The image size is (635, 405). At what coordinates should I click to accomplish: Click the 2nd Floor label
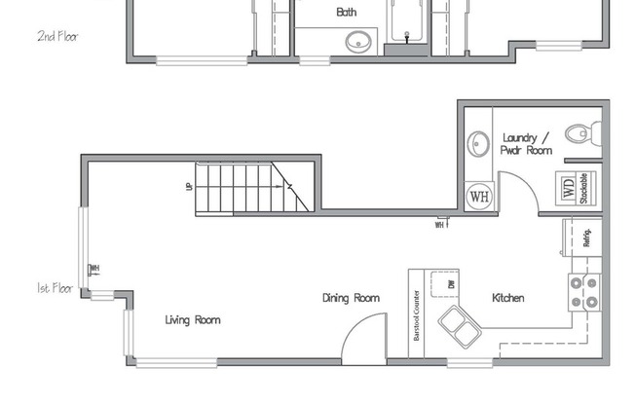[57, 37]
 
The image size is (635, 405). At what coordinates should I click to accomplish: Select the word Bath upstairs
[346, 13]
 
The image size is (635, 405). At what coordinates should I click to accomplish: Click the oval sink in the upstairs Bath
[359, 42]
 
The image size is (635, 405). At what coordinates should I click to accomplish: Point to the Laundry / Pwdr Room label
[527, 144]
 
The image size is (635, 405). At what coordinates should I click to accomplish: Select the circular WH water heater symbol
[479, 195]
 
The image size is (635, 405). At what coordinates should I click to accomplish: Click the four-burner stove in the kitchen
[584, 291]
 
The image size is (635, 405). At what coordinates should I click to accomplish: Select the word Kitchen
[508, 298]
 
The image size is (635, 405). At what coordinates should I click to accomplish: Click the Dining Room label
[351, 298]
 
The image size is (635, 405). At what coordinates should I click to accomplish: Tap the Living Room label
[192, 319]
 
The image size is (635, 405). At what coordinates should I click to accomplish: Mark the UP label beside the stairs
[188, 186]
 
